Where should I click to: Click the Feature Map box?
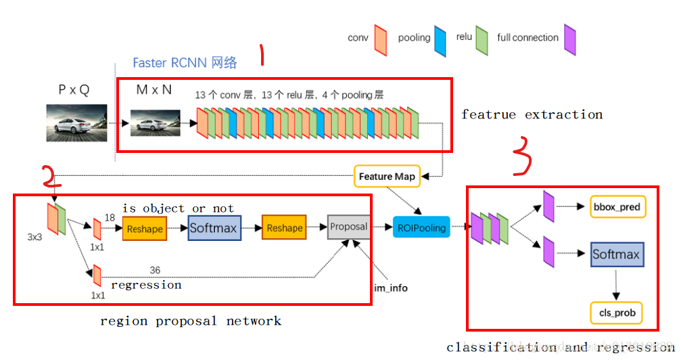(385, 176)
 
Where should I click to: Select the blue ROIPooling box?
(421, 227)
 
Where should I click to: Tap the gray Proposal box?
(348, 227)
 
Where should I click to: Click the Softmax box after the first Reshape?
(213, 228)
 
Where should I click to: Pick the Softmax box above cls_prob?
(615, 254)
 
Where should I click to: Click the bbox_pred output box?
(616, 206)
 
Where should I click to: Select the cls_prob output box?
(616, 313)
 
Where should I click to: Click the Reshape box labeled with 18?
(144, 229)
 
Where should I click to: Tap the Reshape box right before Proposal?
(284, 228)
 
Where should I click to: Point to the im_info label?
(391, 288)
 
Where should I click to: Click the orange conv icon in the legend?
(380, 40)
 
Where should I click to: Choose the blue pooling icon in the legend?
(440, 40)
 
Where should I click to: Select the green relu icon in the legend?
(482, 40)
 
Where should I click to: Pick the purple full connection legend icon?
(569, 40)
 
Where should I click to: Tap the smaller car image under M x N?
(155, 124)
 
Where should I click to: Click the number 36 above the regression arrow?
(155, 270)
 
